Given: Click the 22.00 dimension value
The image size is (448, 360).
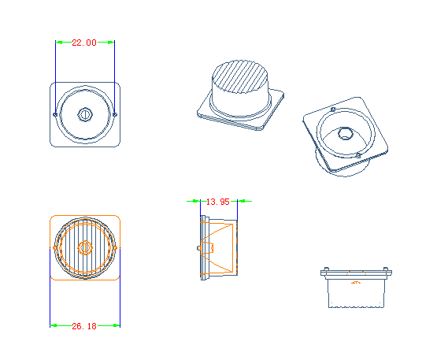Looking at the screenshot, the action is pyautogui.click(x=84, y=43).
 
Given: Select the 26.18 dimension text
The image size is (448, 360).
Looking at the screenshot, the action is pyautogui.click(x=84, y=326).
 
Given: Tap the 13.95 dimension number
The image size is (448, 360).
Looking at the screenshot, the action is pyautogui.click(x=218, y=202).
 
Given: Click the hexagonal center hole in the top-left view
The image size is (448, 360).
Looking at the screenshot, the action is pyautogui.click(x=85, y=115).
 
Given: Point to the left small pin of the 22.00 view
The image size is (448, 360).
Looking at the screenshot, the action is pyautogui.click(x=55, y=115).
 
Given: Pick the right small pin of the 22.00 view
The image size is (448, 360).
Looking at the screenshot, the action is pyautogui.click(x=115, y=115).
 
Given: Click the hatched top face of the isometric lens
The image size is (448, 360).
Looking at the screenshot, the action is pyautogui.click(x=240, y=76).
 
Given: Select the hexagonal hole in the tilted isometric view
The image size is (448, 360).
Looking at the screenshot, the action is pyautogui.click(x=345, y=134).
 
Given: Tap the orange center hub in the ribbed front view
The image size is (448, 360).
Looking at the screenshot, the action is pyautogui.click(x=85, y=247).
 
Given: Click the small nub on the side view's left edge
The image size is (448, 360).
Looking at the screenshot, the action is pyautogui.click(x=198, y=248).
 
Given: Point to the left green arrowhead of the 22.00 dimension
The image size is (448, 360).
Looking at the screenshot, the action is pyautogui.click(x=59, y=43).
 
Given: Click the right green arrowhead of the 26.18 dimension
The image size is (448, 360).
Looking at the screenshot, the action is pyautogui.click(x=117, y=325).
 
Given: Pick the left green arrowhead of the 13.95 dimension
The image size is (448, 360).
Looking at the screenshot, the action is pyautogui.click(x=196, y=202).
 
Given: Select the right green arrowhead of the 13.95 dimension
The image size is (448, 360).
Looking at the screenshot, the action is pyautogui.click(x=242, y=202).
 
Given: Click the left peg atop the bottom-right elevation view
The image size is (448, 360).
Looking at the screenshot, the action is pyautogui.click(x=326, y=269).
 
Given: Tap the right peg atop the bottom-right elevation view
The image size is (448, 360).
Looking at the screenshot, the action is pyautogui.click(x=386, y=269).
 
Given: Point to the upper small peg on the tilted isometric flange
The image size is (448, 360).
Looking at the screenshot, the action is pyautogui.click(x=333, y=109).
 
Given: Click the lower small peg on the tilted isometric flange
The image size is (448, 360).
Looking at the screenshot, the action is pyautogui.click(x=358, y=156).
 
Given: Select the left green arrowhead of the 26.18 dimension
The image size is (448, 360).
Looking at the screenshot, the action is pyautogui.click(x=54, y=325).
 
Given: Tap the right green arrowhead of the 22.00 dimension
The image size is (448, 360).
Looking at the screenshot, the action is pyautogui.click(x=111, y=43).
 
